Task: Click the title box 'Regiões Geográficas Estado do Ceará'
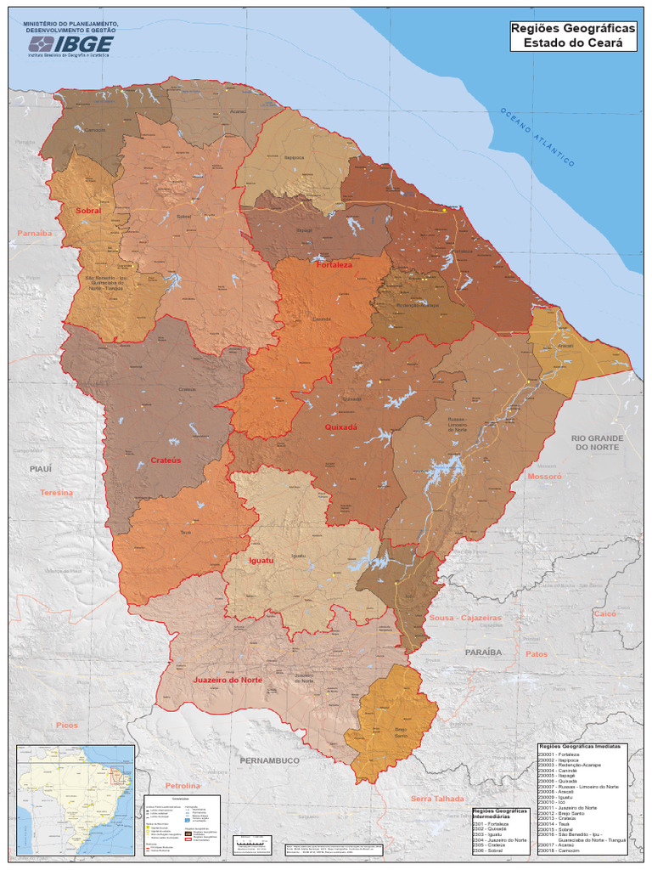pos(573,36)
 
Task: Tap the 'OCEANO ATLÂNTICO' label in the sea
pos(537,137)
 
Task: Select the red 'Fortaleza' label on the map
pos(334,265)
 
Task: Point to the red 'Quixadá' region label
pos(341,427)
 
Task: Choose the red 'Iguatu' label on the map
pos(261,561)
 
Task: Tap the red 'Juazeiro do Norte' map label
pos(228,681)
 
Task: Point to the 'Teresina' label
pos(56,493)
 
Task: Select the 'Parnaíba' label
pos(34,233)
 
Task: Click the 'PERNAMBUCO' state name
pos(270,760)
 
